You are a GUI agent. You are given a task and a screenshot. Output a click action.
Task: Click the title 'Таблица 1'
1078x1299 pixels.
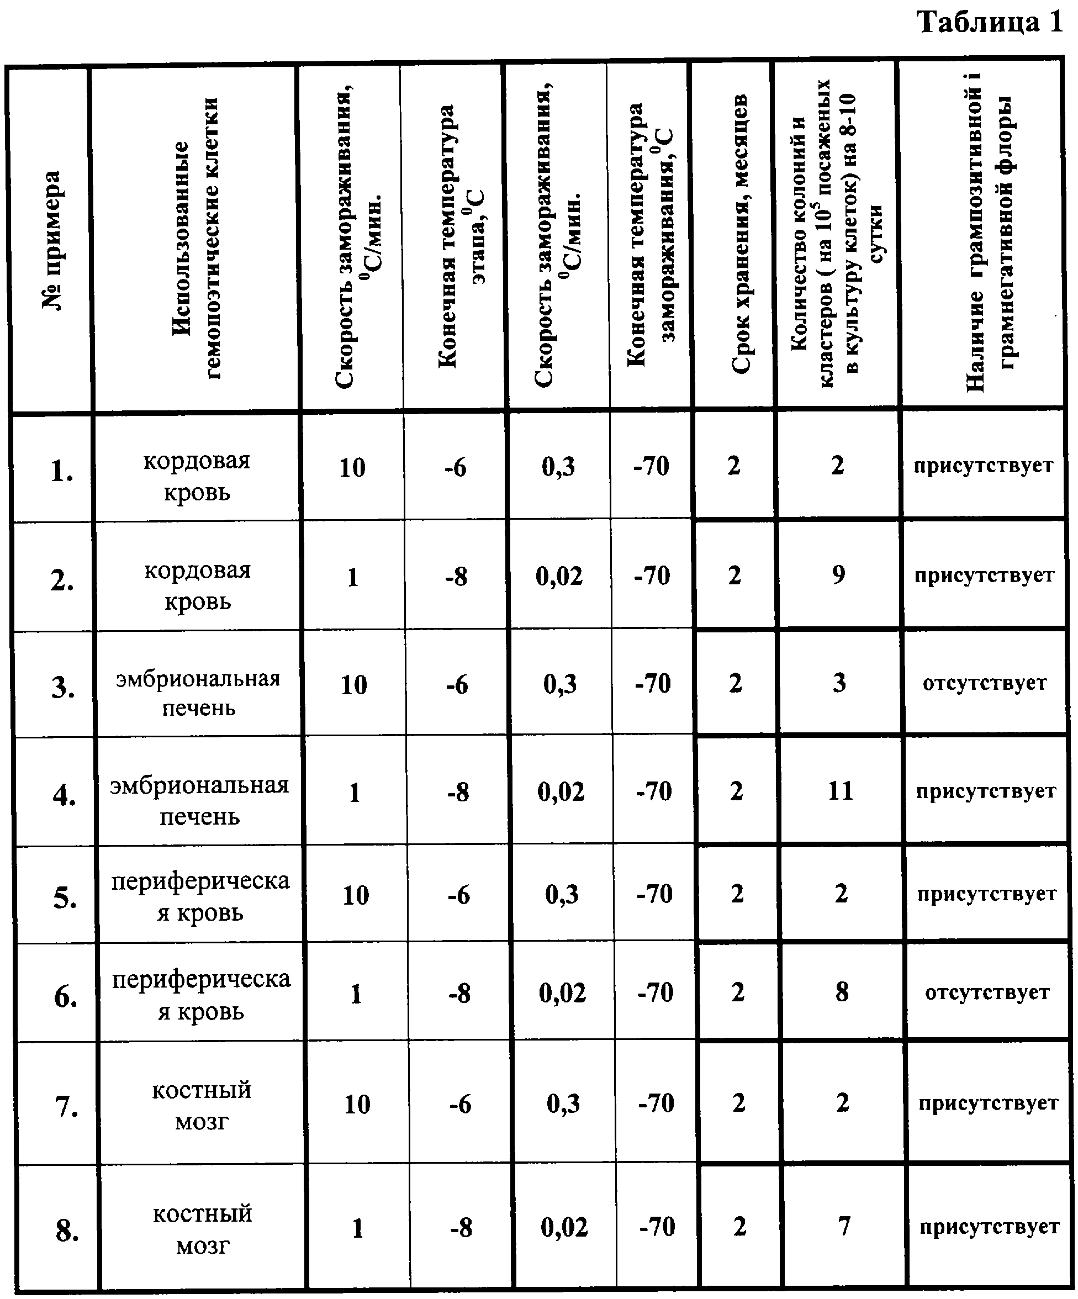point(990,23)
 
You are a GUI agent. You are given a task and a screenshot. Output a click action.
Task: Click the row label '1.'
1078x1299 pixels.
point(61,471)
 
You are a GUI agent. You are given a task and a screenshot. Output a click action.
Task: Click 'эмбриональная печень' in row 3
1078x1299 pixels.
point(198,692)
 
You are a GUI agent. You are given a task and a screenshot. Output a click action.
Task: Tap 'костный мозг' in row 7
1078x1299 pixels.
point(202,1105)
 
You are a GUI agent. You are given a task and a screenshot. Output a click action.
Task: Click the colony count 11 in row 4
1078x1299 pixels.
point(841,790)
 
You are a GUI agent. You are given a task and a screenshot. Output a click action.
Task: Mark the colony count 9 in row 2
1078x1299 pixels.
point(838,574)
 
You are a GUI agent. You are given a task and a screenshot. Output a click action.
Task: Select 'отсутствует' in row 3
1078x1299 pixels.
point(985,683)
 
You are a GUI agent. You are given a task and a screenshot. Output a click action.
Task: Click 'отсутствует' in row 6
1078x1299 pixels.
point(987,993)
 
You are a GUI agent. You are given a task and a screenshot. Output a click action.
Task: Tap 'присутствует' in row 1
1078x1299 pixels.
point(984,465)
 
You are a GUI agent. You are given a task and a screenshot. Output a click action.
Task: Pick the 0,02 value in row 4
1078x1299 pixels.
point(561,792)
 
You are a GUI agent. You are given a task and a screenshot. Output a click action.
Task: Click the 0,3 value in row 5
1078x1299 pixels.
point(562,895)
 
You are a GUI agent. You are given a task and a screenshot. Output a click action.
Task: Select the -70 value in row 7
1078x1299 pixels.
point(656,1103)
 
